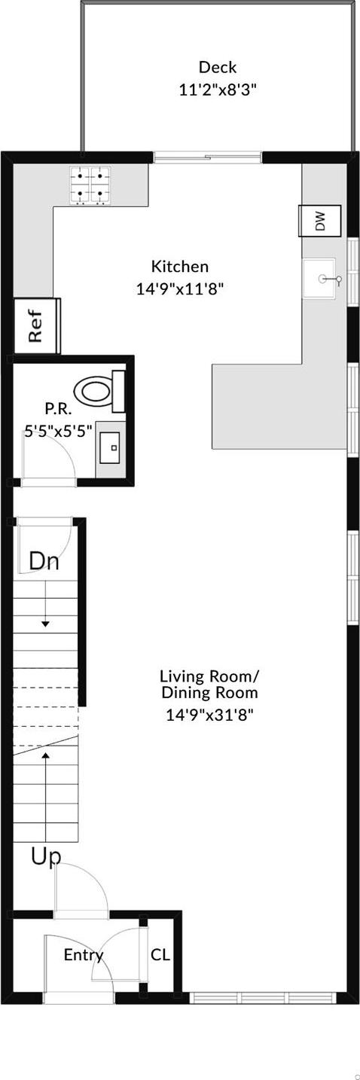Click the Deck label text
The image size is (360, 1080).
[x=217, y=68]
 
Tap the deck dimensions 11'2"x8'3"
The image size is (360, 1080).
[x=218, y=90]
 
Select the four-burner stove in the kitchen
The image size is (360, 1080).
[x=90, y=185]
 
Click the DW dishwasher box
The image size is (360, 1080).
[x=320, y=221]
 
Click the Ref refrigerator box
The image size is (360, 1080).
[x=36, y=326]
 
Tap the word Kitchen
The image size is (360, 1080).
[x=179, y=267]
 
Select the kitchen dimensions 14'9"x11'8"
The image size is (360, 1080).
[x=179, y=288]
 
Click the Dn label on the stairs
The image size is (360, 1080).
[x=44, y=562]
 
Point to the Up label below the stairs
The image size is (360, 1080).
[x=45, y=856]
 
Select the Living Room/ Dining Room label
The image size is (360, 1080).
[x=209, y=684]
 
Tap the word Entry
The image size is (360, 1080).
[x=83, y=955]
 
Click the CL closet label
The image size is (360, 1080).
[x=160, y=955]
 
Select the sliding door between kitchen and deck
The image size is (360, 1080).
[x=207, y=157]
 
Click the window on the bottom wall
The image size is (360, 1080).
[x=263, y=998]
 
